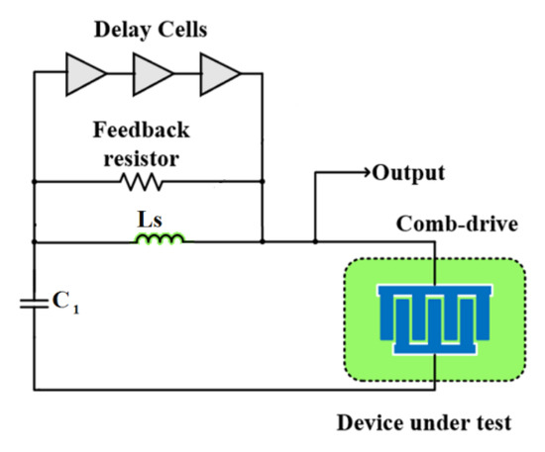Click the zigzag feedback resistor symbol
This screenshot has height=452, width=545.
[140, 182]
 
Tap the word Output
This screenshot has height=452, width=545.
[408, 174]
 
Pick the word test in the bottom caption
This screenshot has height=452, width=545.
[492, 424]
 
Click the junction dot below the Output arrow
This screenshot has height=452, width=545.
[315, 240]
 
